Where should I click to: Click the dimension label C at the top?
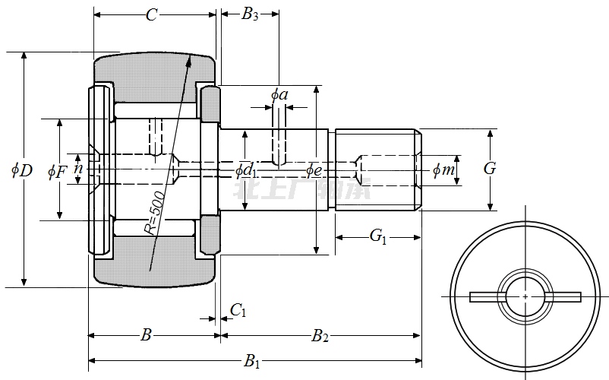(152, 15)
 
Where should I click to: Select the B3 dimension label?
(250, 14)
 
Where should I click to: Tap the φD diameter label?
(21, 170)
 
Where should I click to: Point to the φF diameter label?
(57, 172)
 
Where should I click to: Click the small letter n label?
(77, 168)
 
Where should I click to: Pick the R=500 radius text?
(155, 214)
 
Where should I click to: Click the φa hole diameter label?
(279, 94)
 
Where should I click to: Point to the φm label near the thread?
(443, 170)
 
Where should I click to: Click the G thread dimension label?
(490, 169)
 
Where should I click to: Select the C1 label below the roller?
(238, 309)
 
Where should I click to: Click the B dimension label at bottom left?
(147, 334)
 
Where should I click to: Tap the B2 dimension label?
(320, 334)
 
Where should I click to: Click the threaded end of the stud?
(377, 169)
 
